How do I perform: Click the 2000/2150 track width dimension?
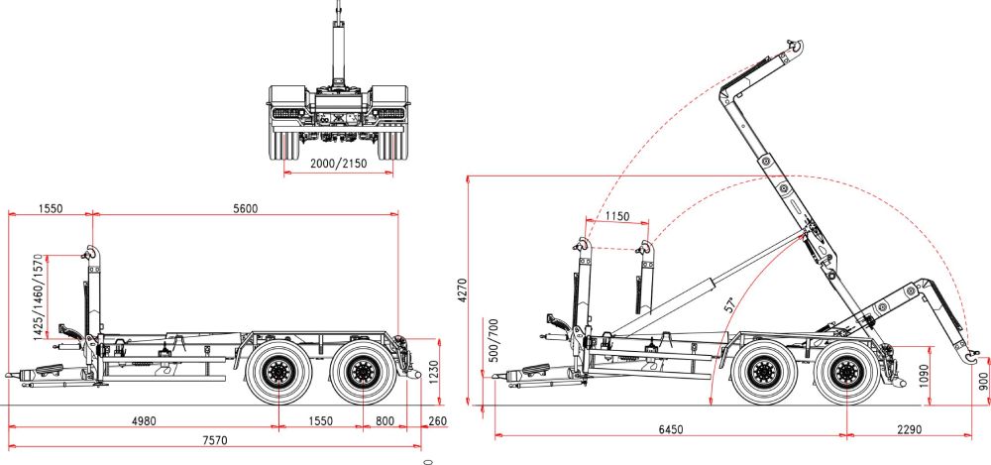tap(339, 163)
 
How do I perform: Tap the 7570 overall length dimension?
tap(209, 439)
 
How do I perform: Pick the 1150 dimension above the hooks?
tap(616, 215)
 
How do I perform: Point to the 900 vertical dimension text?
tap(982, 384)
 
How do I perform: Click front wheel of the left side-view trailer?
tap(277, 374)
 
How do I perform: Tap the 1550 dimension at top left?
tap(51, 207)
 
